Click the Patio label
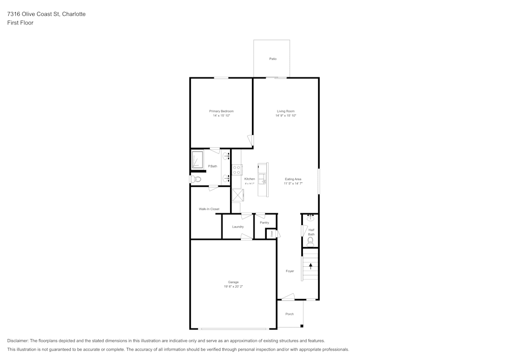pyautogui.click(x=273, y=59)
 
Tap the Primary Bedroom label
pyautogui.click(x=221, y=111)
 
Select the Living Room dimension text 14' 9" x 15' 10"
pyautogui.click(x=286, y=116)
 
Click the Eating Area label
pyautogui.click(x=293, y=179)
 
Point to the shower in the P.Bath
pyautogui.click(x=197, y=159)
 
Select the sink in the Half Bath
pyautogui.click(x=310, y=218)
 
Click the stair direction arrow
pyautogui.click(x=310, y=266)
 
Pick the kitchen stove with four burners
pyautogui.click(x=237, y=170)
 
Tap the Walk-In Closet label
pyautogui.click(x=209, y=209)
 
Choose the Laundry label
pyautogui.click(x=238, y=227)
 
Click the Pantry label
pyautogui.click(x=264, y=223)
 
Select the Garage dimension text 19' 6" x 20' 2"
pyautogui.click(x=233, y=287)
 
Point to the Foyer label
pyautogui.click(x=290, y=271)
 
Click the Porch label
pyautogui.click(x=289, y=314)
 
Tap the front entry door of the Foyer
pyautogui.click(x=288, y=297)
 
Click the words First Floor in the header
pyautogui.click(x=20, y=23)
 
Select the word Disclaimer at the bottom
pyautogui.click(x=18, y=341)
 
